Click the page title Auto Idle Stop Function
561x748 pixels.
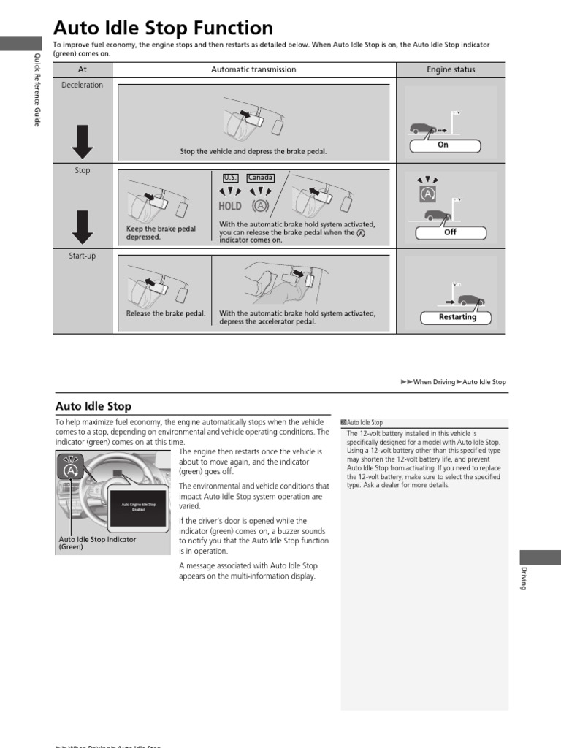164,28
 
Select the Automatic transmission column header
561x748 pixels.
253,69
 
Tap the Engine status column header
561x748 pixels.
451,69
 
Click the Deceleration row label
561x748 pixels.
82,85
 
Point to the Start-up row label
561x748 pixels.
82,256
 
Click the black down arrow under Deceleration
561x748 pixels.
83,141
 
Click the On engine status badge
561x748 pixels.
443,145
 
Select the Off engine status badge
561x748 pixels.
451,232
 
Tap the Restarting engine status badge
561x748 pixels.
457,318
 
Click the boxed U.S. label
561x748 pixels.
230,178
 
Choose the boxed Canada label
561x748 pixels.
260,178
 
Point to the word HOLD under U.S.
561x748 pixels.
230,206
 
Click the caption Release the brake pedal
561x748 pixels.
166,313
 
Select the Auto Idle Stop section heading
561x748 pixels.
93,406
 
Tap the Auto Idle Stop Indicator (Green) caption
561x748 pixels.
97,543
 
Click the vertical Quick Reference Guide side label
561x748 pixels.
37,90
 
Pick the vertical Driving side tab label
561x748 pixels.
523,578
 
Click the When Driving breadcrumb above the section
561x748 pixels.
433,382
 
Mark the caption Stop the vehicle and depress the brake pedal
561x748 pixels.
253,152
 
